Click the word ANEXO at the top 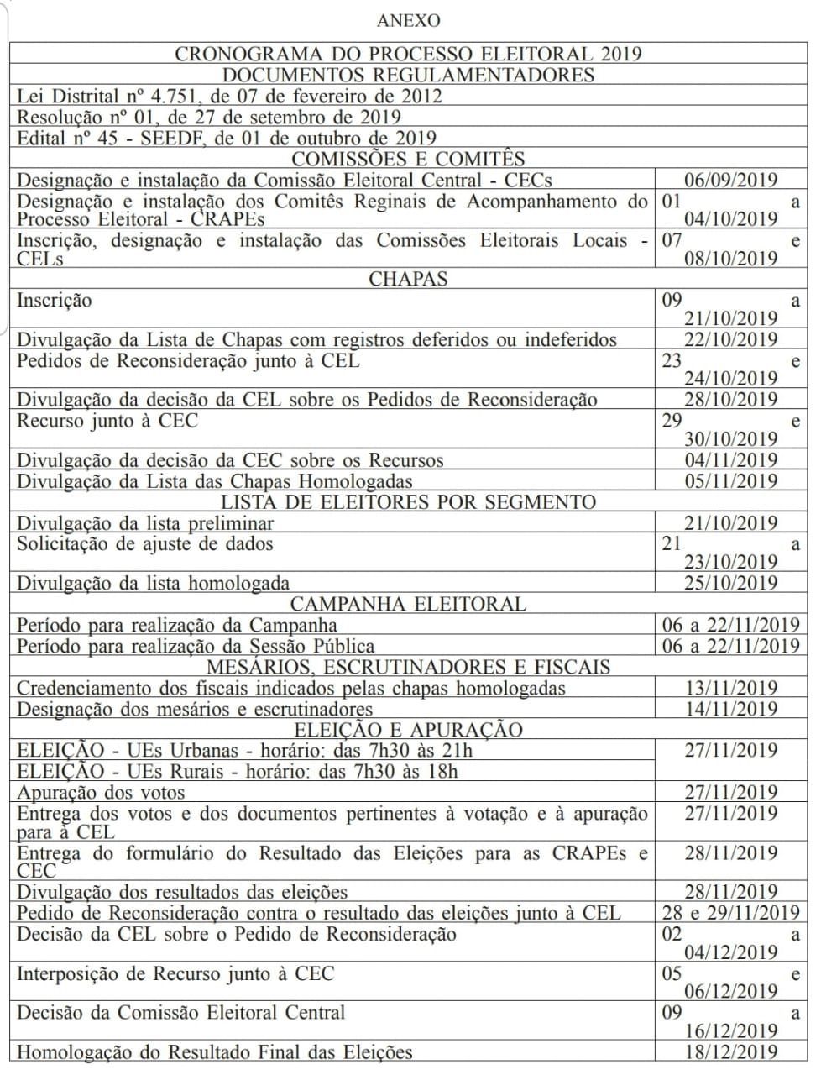tap(408, 20)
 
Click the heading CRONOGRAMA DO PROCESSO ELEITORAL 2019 tap(408, 54)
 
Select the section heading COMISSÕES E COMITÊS tap(408, 159)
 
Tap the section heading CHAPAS tap(408, 279)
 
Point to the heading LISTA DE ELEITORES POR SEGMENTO tap(408, 502)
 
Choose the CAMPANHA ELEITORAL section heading tap(408, 604)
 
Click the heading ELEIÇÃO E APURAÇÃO tap(408, 730)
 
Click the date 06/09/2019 tap(730, 180)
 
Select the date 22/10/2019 tap(730, 339)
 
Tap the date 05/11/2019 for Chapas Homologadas tap(730, 481)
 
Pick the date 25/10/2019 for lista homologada tap(730, 583)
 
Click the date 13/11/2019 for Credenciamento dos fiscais tap(730, 688)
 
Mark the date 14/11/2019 tap(730, 709)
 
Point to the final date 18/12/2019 tap(730, 1051)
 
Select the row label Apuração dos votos tap(101, 792)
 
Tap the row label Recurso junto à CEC tap(107, 420)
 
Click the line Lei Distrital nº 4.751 tap(228, 96)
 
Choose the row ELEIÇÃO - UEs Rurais tap(238, 771)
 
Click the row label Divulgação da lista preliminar tap(145, 523)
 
